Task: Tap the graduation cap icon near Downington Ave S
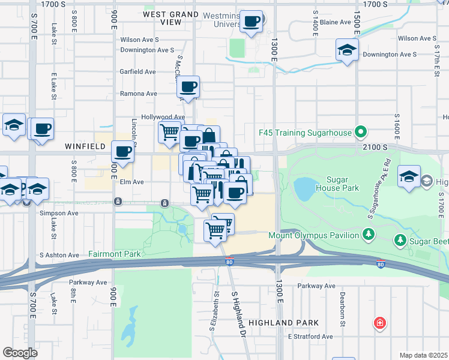point(347,51)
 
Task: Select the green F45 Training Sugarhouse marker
point(360,131)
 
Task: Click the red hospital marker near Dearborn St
point(379,324)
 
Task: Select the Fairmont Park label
point(115,254)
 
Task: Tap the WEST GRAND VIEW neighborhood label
point(171,17)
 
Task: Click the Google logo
point(20,352)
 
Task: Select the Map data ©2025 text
point(423,355)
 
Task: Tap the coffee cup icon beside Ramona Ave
point(188,88)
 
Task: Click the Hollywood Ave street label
point(163,117)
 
